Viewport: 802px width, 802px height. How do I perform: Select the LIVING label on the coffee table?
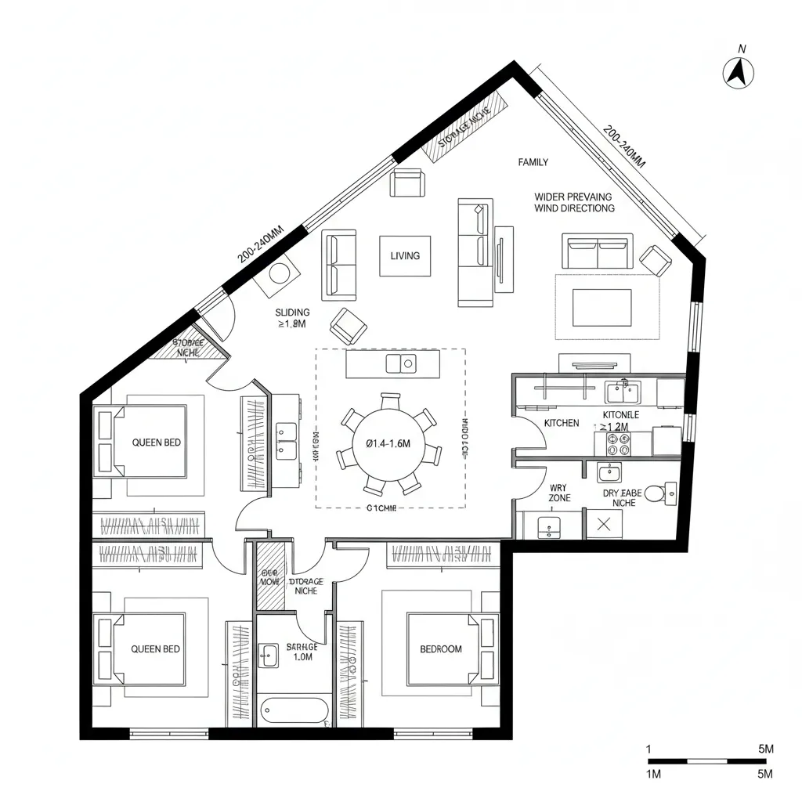[405, 256]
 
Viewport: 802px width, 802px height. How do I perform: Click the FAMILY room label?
[533, 162]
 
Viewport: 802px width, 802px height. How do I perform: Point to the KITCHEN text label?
[562, 423]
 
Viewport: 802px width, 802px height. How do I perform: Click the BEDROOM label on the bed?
[441, 649]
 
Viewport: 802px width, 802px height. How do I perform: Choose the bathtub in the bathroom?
[294, 710]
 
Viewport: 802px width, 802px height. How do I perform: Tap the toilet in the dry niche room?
[668, 493]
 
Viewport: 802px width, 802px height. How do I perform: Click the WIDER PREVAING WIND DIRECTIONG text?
[574, 202]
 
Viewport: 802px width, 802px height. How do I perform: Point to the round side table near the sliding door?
[280, 273]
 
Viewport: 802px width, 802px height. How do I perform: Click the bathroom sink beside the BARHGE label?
[269, 656]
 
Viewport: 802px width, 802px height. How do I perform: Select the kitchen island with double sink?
[392, 363]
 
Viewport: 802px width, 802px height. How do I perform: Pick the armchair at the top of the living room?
[409, 184]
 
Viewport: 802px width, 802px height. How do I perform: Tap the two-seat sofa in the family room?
[598, 251]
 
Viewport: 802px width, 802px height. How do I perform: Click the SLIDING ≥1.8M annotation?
[292, 317]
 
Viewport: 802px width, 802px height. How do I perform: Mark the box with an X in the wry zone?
[604, 525]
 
